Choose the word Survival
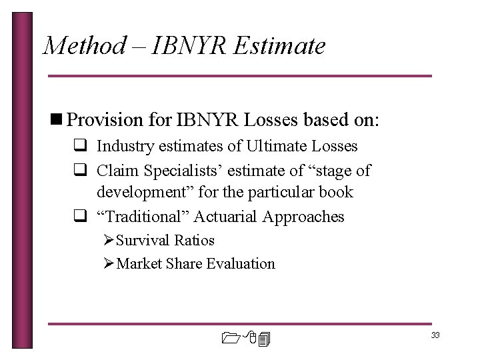[144, 240]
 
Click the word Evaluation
[241, 263]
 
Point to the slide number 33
[435, 335]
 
